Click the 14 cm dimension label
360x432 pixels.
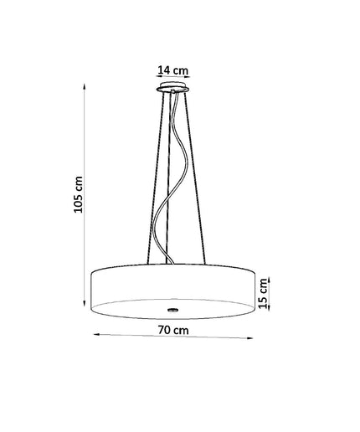173,70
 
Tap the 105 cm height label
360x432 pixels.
78,194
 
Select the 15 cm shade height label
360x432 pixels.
263,293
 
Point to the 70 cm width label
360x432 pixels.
173,330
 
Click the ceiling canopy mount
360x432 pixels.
172,87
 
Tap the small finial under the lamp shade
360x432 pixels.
173,309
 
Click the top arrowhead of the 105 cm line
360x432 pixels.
85,86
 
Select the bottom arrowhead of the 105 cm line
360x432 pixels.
85,303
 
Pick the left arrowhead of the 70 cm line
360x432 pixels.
96,334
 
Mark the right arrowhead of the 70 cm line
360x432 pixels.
250,338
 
